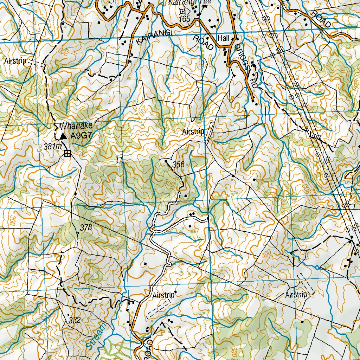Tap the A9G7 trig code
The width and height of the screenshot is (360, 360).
tap(81, 136)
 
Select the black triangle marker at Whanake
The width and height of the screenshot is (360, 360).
tap(63, 136)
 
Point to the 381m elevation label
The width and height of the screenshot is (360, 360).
tap(53, 147)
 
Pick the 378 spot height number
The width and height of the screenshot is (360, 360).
tap(86, 228)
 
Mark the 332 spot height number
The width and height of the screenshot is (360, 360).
tap(75, 320)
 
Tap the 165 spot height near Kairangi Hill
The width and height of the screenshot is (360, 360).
tap(184, 19)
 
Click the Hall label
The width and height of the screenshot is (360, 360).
tap(223, 38)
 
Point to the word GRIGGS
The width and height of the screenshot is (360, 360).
tap(242, 56)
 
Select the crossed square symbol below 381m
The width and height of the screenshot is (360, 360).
tap(67, 153)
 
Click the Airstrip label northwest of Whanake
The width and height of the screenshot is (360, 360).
tap(15, 61)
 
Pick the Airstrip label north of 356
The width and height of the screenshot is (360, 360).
tap(193, 132)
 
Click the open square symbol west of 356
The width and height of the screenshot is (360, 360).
tap(120, 160)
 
